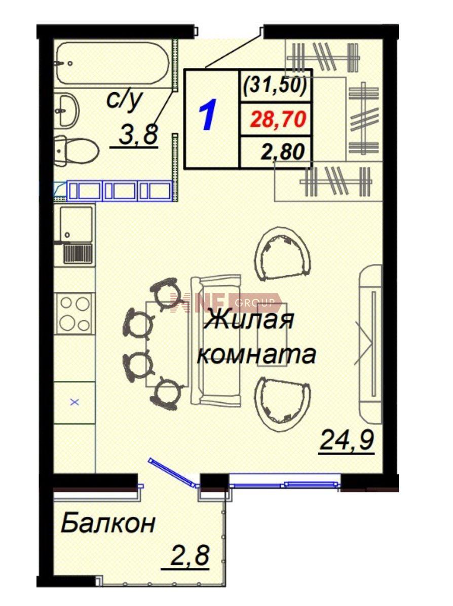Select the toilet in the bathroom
[76, 150]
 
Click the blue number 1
[207, 115]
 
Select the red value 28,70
[278, 119]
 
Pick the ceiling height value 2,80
[283, 151]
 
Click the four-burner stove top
[74, 314]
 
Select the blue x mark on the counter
[74, 402]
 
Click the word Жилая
[249, 319]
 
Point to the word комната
[256, 354]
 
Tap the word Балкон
[108, 523]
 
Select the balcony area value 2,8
[189, 555]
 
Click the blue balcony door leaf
[172, 472]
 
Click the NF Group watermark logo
[225, 302]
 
